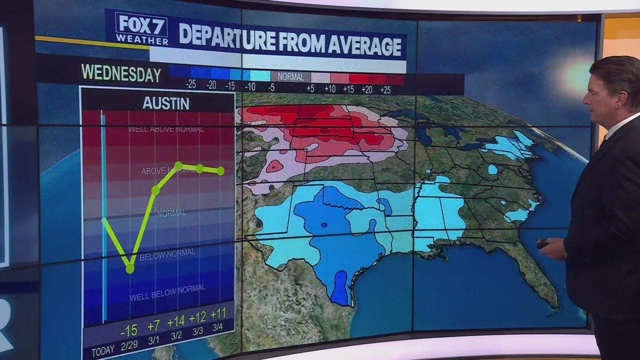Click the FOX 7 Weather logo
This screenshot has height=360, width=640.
click(134, 28)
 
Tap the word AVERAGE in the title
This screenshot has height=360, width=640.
click(365, 45)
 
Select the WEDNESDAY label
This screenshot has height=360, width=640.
click(121, 73)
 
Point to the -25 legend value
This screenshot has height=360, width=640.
click(190, 85)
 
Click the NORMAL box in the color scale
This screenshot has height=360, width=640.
click(290, 77)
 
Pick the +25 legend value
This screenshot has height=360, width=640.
click(385, 89)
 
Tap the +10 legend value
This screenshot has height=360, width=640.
click(329, 88)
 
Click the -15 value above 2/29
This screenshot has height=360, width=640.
click(128, 331)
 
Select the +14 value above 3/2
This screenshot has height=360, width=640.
click(175, 321)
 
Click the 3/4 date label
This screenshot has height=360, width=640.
click(217, 327)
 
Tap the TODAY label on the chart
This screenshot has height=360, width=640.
click(103, 351)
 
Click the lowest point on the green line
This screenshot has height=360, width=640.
click(130, 269)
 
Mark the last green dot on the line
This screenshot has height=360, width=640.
click(220, 171)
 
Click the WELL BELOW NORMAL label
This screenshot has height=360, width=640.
click(167, 293)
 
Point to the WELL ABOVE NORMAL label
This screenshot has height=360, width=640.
click(165, 129)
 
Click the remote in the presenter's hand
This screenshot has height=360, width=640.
click(542, 244)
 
